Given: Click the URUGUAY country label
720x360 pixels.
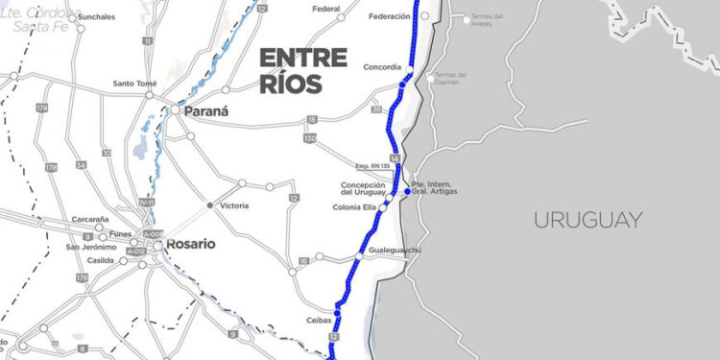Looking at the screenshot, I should pos(588,220).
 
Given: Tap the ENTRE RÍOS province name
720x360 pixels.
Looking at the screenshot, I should pos(303,70).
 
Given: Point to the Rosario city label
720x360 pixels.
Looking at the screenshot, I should pos(190,244).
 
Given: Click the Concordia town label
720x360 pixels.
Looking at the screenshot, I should pos(390,68).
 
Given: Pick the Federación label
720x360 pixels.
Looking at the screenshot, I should pos(388,16).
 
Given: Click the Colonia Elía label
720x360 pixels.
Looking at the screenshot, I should pos(354,206).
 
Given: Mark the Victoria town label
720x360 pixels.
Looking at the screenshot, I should pos(233,206).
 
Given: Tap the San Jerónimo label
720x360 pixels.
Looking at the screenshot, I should pos(91,248).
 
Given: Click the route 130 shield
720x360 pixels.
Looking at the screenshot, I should pos(309,138).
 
